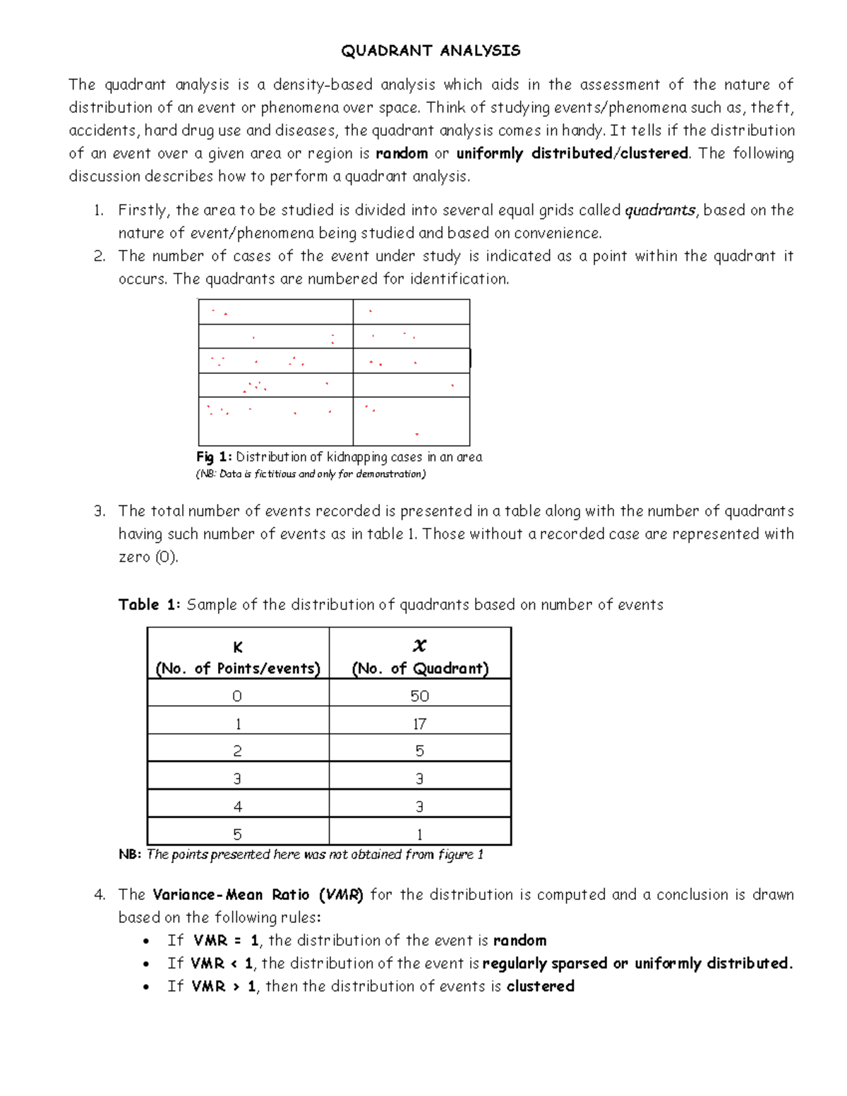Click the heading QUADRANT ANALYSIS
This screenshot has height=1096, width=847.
pos(431,51)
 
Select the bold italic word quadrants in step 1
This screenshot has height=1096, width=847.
pos(661,210)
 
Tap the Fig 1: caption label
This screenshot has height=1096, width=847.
pos(214,457)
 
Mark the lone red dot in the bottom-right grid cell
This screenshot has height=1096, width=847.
pos(417,434)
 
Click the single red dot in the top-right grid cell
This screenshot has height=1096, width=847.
pos(371,311)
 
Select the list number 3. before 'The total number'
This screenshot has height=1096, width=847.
pos(100,512)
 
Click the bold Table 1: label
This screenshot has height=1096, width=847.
pos(150,605)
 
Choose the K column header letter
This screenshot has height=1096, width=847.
pos(238,648)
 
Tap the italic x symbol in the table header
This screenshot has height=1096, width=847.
pos(419,646)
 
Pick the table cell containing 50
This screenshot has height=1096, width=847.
pos(419,697)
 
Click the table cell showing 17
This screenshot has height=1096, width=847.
pos(419,724)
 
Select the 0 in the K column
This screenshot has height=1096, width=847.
pos(237,697)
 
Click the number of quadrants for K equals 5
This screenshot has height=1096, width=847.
pos(419,835)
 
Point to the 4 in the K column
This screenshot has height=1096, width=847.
pos(237,807)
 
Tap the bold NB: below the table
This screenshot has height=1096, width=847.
pos(130,855)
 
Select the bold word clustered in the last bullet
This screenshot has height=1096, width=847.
pos(540,987)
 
